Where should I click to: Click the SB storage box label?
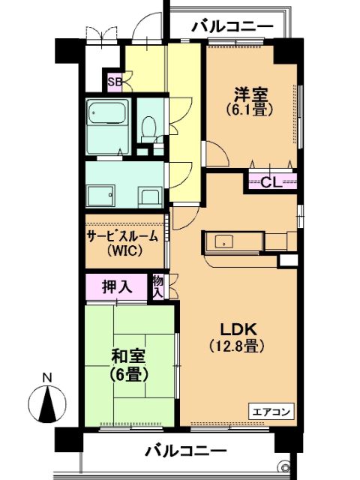click(115, 82)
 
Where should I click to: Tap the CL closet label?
click(271, 183)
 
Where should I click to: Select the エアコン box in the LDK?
click(271, 412)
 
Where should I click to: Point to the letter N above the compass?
click(46, 377)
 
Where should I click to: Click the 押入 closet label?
click(117, 286)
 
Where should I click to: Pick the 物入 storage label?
click(157, 286)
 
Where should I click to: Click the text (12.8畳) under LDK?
click(237, 346)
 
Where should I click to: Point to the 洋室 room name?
click(251, 94)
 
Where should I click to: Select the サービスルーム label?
click(123, 236)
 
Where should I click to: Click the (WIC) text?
click(124, 251)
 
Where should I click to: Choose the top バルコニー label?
click(232, 27)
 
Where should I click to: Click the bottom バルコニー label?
click(186, 451)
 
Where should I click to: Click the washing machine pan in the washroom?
click(100, 195)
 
